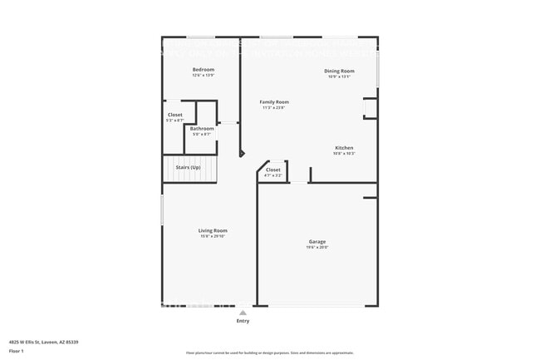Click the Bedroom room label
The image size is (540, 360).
[204, 69]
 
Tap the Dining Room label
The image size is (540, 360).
[339, 71]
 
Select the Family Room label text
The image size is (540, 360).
[274, 101]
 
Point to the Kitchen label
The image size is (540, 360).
[344, 147]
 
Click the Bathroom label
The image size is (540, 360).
[202, 128]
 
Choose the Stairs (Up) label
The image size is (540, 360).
[188, 167]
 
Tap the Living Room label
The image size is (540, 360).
[213, 230]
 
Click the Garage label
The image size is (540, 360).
[317, 241]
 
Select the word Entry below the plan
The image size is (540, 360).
[243, 321]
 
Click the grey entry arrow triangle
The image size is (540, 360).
[243, 313]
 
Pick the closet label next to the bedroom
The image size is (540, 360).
[175, 115]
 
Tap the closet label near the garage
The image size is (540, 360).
[273, 170]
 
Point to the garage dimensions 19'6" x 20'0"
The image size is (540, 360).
[317, 247]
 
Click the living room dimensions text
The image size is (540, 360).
[213, 236]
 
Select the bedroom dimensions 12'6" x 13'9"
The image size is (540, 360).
[204, 75]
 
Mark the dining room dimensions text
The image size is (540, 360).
[339, 76]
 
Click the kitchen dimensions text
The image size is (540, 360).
[344, 153]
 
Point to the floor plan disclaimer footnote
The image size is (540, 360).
[270, 353]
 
